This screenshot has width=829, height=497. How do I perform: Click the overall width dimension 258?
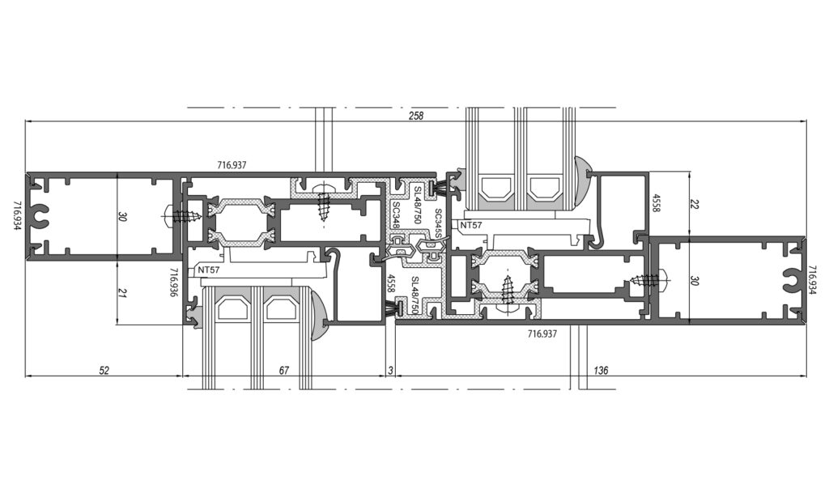pos(416,116)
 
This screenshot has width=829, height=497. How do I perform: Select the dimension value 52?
pos(104,371)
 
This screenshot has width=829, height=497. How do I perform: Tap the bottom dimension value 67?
pos(284,371)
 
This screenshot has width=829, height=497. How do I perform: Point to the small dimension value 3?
pos(391,371)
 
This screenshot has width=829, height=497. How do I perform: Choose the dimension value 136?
pos(601,371)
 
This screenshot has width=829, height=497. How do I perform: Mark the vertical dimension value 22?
pos(694,203)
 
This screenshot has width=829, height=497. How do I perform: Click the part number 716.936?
pos(173,282)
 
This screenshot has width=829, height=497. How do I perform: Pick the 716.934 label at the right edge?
pos(812,280)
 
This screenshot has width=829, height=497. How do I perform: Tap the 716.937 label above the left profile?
pos(232,165)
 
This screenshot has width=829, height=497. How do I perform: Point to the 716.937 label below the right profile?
pos(542,333)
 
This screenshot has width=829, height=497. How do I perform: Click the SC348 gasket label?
pos(395,215)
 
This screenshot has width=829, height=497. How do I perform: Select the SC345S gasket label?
pos(438,223)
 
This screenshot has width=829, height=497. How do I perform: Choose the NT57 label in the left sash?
pos(208,270)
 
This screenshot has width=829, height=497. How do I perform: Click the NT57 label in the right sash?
pos(470,225)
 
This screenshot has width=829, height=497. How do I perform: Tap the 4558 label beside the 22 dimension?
pos(656,203)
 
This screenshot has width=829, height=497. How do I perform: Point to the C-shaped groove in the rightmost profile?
pos(791,280)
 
